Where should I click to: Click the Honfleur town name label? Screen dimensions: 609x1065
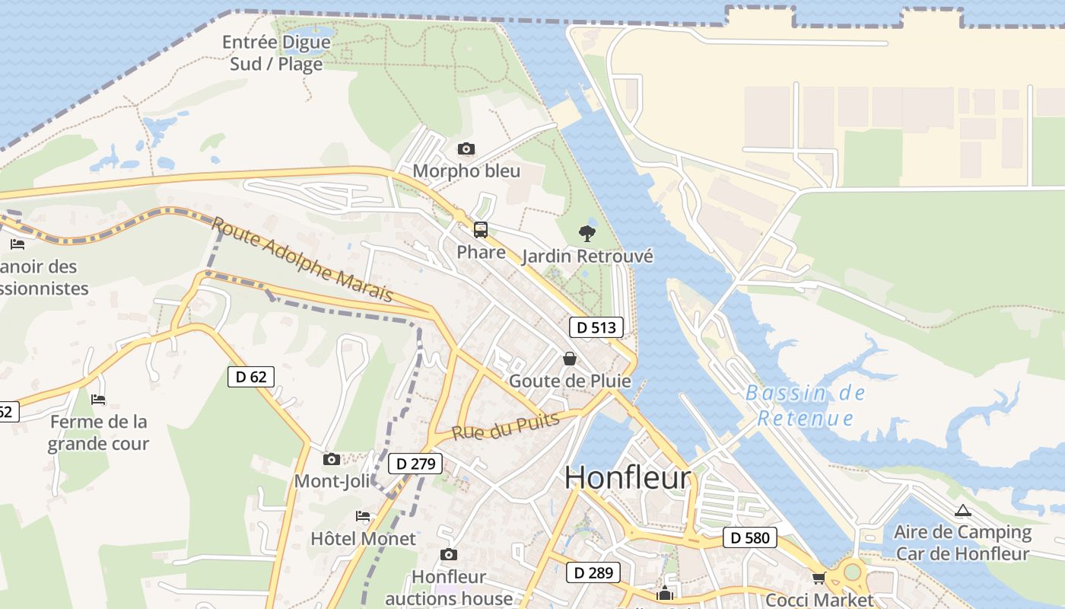pos(628,477)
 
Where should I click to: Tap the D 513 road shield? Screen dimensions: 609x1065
pos(596,327)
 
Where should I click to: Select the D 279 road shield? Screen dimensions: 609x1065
pos(415,464)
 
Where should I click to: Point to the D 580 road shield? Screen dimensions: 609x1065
pos(749,538)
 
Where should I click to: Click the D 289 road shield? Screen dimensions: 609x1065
pos(593,572)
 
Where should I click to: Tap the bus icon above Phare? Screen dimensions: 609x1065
pos(481,229)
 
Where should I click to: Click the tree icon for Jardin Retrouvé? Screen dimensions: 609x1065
pos(587,233)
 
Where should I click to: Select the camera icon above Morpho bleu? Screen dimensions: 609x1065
pos(466,148)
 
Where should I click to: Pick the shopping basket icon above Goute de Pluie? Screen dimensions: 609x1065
pos(569,358)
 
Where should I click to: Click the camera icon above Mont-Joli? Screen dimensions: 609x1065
pos(332,459)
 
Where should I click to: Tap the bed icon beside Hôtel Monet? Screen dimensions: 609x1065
pos(363,516)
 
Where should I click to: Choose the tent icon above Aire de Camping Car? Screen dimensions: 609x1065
pos(962,510)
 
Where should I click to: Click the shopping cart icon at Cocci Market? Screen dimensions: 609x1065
pos(819,579)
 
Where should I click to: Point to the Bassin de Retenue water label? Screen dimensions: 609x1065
pos(806,406)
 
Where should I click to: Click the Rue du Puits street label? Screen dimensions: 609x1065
pos(506,426)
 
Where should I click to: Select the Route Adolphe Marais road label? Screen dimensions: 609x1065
pos(302,259)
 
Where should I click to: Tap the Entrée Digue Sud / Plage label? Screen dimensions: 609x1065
pos(276,53)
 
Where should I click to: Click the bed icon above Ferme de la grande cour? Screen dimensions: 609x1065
pos(98,399)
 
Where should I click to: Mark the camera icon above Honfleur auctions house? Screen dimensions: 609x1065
pos(449,554)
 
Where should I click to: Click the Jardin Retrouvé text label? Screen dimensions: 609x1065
pos(587,256)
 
